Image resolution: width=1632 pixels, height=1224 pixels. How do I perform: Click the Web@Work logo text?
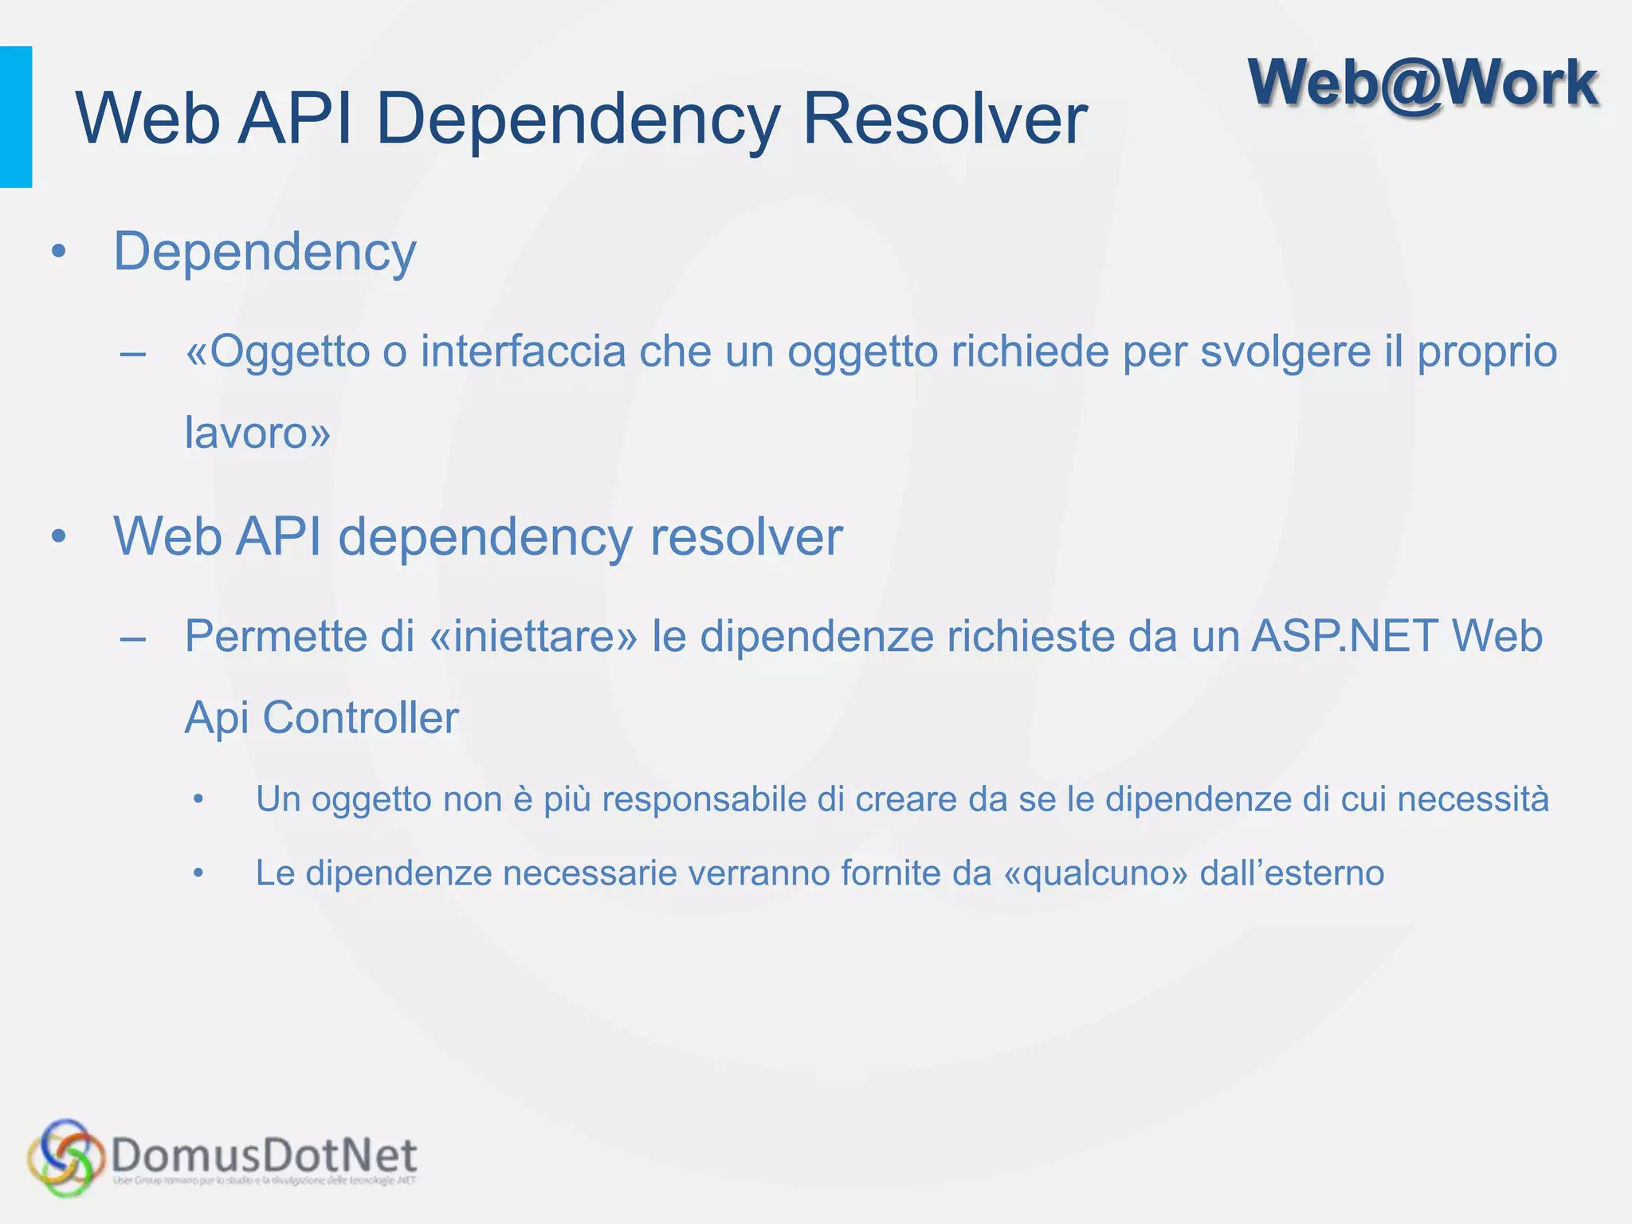point(1423,84)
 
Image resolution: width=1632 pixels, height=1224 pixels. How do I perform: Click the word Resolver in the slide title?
point(944,119)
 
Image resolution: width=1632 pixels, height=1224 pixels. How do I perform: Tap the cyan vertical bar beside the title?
point(16,117)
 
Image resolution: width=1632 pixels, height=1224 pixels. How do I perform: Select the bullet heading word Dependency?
point(265,253)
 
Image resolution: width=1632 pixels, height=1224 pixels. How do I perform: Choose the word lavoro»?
point(257,433)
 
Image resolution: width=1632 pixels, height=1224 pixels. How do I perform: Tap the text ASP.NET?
point(1344,636)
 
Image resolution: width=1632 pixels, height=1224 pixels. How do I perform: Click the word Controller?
point(360,717)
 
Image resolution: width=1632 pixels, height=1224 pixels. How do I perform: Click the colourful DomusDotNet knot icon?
point(65,1156)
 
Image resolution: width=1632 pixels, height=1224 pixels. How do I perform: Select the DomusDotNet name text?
point(264,1155)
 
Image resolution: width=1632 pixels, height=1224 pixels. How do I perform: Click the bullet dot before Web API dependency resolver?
point(58,537)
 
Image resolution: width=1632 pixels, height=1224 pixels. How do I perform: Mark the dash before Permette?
point(132,638)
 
